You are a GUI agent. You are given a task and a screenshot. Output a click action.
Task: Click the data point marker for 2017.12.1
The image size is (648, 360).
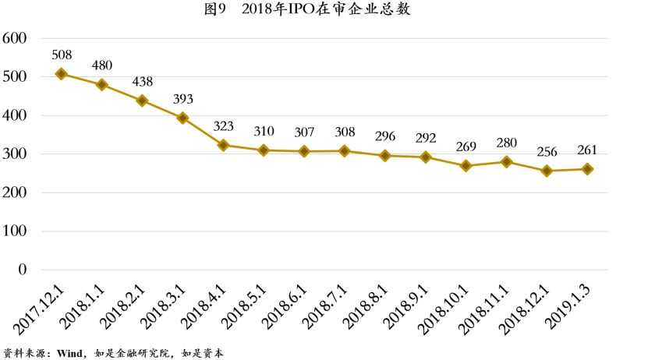pos(62,74)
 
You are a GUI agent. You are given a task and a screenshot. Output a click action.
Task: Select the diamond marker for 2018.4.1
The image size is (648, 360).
pos(223,145)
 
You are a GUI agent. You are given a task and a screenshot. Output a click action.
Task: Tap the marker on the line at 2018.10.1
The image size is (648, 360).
pos(466,166)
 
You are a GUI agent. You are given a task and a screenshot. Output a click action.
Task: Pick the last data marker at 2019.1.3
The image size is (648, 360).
pos(587,169)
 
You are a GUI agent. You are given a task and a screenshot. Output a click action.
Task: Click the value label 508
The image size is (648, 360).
pos(62,55)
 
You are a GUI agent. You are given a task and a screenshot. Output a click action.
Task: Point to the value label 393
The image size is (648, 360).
pos(182,99)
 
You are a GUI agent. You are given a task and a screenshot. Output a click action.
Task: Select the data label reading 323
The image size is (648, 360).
pos(223,125)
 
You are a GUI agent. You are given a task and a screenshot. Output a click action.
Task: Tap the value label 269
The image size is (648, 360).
pos(466,146)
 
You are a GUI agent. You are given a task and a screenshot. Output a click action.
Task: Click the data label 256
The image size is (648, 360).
pos(547,151)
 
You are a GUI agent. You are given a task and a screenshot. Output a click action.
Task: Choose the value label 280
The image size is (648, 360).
pos(506,143)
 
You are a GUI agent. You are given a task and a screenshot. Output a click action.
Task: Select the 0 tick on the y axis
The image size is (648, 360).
pos(22,270)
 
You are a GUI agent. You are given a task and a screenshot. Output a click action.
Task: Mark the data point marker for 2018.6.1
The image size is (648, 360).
pos(304,151)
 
